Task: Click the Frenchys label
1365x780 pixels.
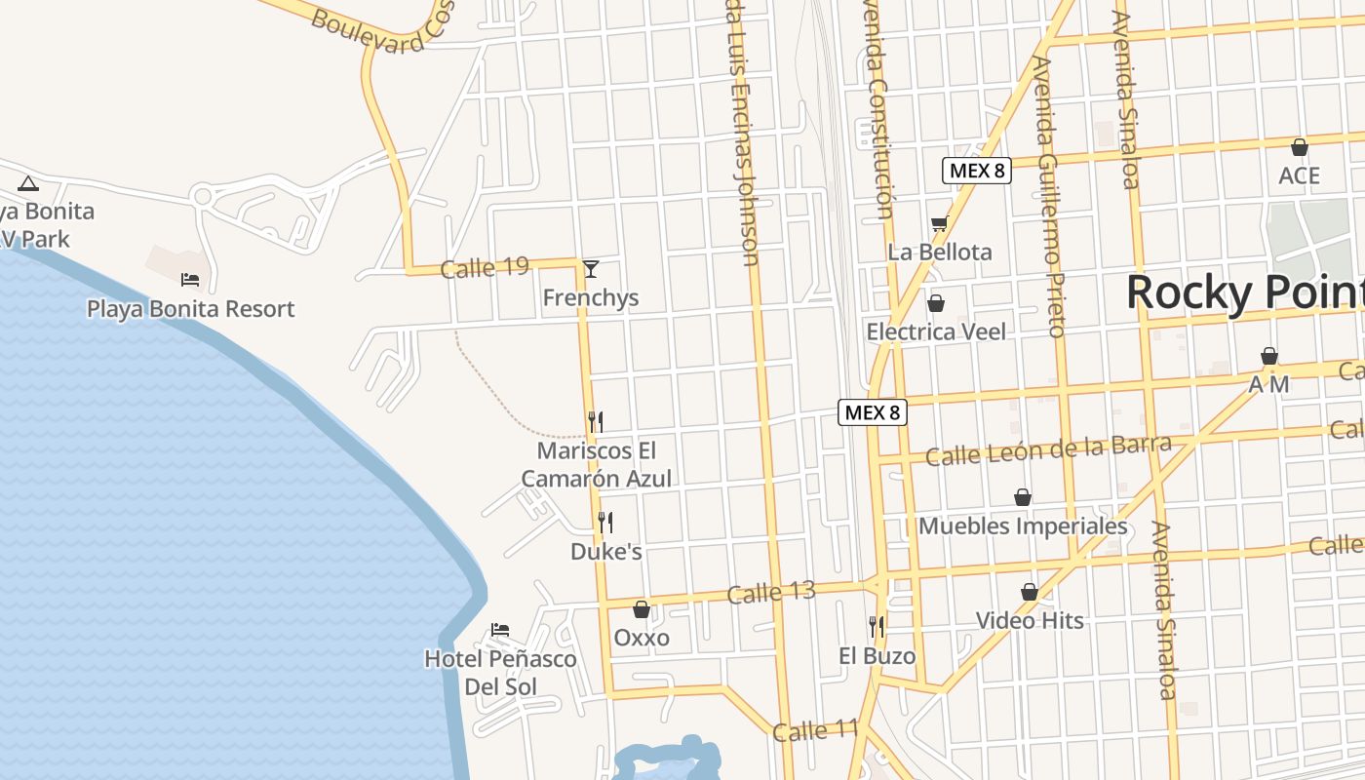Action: (x=591, y=297)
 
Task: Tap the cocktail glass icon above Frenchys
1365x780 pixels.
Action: (x=590, y=268)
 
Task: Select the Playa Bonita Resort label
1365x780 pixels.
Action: (x=190, y=309)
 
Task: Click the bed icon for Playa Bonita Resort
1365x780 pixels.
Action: (x=190, y=280)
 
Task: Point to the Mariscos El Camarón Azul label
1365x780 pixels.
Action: (x=596, y=465)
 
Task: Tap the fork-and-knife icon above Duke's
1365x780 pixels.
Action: (x=605, y=523)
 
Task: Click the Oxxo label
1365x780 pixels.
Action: (x=642, y=638)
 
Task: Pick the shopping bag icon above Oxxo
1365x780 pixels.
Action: (x=642, y=609)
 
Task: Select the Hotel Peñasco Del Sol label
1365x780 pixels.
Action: (x=500, y=673)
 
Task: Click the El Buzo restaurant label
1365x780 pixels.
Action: (x=877, y=656)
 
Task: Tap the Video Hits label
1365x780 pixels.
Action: (x=1030, y=620)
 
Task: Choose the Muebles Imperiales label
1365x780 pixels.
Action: (x=1023, y=526)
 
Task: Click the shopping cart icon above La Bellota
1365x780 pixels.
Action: (x=939, y=223)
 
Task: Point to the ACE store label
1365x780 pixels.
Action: (x=1300, y=175)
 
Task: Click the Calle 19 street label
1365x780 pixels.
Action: (x=485, y=268)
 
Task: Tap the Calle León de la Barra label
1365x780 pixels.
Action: (x=1048, y=450)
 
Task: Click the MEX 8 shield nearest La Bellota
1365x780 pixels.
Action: (x=976, y=171)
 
